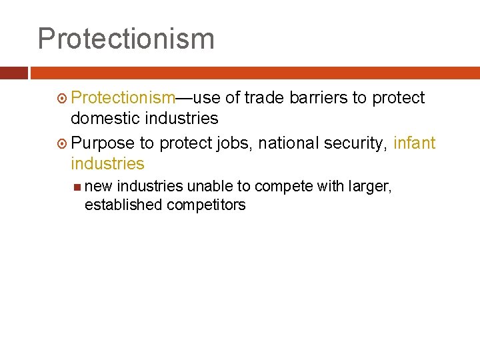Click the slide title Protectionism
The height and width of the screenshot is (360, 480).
coord(126,39)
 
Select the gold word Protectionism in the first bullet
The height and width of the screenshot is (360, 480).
coord(123,98)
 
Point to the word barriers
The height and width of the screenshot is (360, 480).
coord(319,98)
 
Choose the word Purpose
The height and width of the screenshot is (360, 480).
coord(103,143)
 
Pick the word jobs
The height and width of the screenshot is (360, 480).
coord(235,143)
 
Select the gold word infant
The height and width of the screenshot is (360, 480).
coord(415,143)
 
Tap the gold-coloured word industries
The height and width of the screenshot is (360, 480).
coord(107,164)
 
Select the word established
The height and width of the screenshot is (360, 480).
coord(123,205)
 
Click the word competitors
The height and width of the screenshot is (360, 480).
coord(206,205)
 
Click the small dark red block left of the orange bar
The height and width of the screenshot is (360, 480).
coord(14,73)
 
